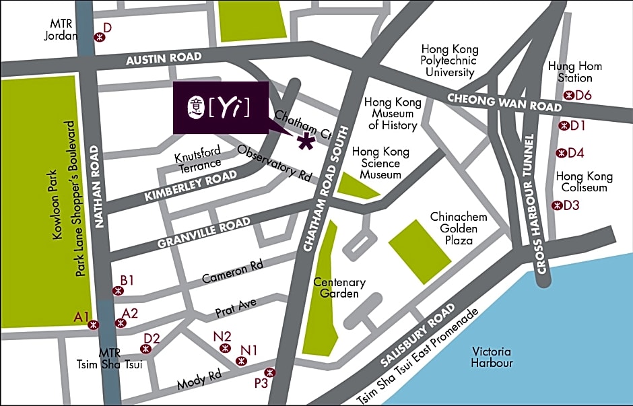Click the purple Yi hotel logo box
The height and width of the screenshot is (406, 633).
[x=221, y=108]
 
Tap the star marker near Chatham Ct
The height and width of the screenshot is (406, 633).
[x=307, y=141]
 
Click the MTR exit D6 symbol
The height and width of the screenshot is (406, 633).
[x=569, y=96]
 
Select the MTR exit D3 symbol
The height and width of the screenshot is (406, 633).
[x=556, y=205]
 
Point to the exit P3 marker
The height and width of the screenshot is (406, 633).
[x=269, y=372]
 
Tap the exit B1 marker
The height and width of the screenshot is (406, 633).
[x=119, y=291]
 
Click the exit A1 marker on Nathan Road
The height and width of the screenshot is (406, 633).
[x=94, y=325]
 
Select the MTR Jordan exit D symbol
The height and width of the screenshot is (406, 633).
[x=99, y=38]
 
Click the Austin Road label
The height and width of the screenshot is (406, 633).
[x=164, y=59]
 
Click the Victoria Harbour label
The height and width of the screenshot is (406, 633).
[x=492, y=358]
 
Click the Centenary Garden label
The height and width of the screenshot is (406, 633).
[x=339, y=288]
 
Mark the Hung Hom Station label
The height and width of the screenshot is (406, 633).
[x=575, y=72]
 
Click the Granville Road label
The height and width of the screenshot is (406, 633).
[x=203, y=232]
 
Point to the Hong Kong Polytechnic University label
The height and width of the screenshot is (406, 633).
[x=450, y=61]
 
